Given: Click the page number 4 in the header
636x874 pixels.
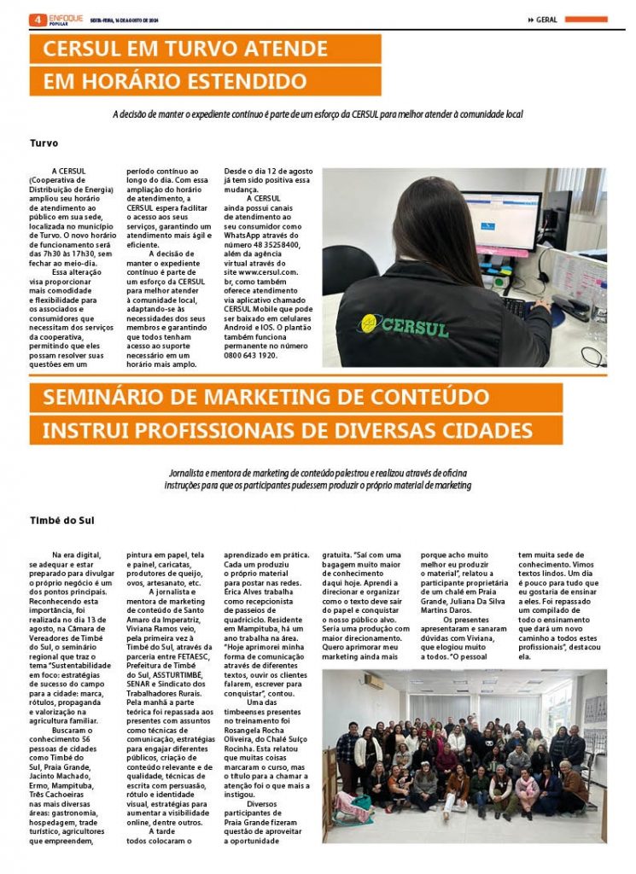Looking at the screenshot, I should click(x=37, y=19).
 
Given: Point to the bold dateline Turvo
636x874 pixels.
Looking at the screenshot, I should click(x=44, y=143).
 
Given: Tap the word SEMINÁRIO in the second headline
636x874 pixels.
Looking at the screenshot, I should click(x=103, y=398).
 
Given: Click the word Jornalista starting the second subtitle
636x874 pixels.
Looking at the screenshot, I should click(x=197, y=472).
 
